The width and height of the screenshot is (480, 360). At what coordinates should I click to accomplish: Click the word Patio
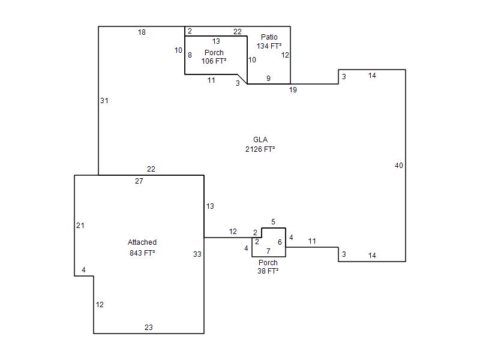point(269,37)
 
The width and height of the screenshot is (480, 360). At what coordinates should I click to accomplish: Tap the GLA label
point(260,140)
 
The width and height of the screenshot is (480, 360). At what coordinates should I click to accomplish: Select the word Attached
point(142,242)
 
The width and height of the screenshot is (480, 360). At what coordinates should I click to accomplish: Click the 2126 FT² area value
point(260,149)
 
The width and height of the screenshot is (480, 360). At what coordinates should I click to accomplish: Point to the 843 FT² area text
point(142,253)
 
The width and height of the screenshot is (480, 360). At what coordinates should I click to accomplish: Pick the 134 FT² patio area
point(269,46)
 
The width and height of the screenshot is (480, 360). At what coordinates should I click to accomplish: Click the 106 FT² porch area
point(214,61)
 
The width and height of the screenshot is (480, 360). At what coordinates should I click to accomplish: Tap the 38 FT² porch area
point(268,271)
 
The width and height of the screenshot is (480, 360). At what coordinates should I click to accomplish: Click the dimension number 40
point(399,166)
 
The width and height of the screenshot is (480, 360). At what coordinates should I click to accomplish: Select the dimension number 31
point(104,101)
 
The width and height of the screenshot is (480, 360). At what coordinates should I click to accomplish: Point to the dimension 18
point(142,32)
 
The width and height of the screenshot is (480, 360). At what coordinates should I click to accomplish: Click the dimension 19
point(293,90)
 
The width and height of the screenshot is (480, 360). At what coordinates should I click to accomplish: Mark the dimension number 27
point(139,181)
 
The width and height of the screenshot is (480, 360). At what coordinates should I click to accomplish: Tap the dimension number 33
point(197,254)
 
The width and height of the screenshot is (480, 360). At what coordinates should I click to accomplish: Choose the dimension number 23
point(148,328)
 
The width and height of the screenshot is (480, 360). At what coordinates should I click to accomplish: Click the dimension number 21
point(80,226)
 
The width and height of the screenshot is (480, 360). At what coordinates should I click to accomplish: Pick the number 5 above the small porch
point(273,221)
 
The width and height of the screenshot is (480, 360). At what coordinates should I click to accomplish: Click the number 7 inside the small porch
point(268,251)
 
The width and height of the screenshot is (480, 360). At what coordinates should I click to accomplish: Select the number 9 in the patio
point(268,79)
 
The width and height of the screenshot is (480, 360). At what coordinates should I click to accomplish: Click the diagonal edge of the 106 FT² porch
point(242,79)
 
